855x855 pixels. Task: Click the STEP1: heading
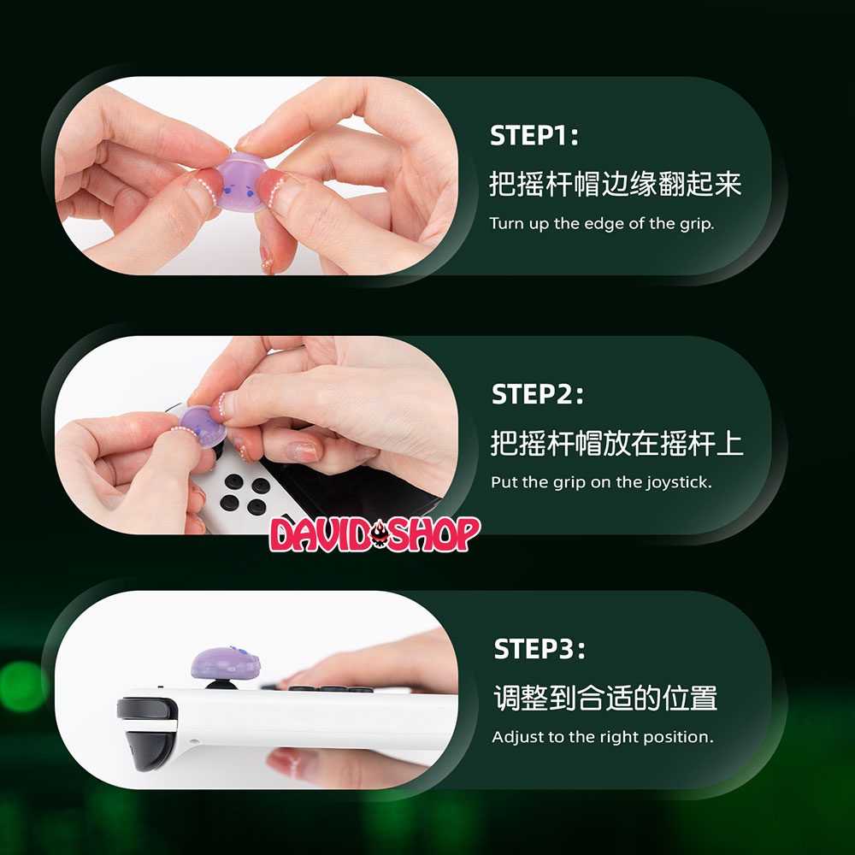point(534,135)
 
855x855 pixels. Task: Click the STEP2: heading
point(537,394)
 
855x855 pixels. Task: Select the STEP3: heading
point(540,649)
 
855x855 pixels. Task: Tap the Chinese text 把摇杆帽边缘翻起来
point(615,183)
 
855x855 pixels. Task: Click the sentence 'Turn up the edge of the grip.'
point(601,223)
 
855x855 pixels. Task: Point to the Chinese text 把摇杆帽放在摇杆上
point(616,443)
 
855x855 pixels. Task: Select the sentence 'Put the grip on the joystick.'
point(601,482)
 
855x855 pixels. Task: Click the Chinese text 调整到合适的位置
point(605,698)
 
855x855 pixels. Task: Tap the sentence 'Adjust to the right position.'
point(603,737)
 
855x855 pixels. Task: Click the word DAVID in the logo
point(320,534)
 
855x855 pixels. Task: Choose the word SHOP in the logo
point(434,534)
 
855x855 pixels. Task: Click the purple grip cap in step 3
point(225,663)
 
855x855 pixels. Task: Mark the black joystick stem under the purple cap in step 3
point(221,684)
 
